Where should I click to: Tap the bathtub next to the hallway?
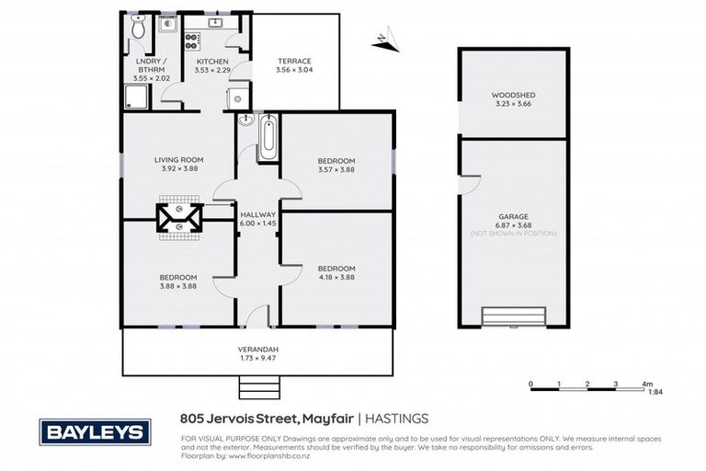268,137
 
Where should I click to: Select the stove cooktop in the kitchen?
192,40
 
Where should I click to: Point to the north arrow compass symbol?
386,40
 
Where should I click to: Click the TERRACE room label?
294,61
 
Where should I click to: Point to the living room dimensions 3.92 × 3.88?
178,169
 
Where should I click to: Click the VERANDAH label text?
258,349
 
